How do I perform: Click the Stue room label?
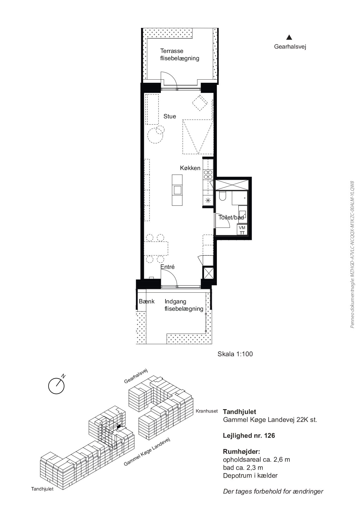(170, 116)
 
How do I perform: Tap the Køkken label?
(190, 168)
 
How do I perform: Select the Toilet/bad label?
(231, 217)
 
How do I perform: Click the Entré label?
(168, 267)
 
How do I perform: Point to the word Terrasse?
(172, 51)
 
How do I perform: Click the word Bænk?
(147, 301)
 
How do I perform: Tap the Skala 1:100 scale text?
(235, 354)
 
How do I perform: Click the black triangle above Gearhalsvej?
(289, 37)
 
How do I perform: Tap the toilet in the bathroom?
(223, 196)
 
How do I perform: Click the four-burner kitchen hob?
(208, 174)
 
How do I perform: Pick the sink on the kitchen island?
(177, 190)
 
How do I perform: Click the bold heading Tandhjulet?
(240, 411)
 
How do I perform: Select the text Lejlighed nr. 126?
(249, 436)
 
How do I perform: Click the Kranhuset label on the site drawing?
(207, 411)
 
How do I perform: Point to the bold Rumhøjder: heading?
(242, 452)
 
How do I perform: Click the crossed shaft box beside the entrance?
(208, 273)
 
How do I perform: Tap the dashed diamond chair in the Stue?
(200, 103)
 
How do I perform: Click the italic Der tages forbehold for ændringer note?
(273, 491)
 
